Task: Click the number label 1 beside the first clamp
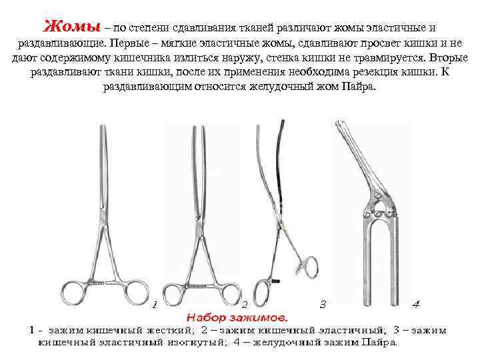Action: click(x=155, y=305)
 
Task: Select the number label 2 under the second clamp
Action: click(x=245, y=305)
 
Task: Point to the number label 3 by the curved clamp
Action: click(x=323, y=305)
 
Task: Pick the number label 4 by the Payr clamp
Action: click(x=416, y=305)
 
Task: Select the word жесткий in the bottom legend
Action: click(x=166, y=330)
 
